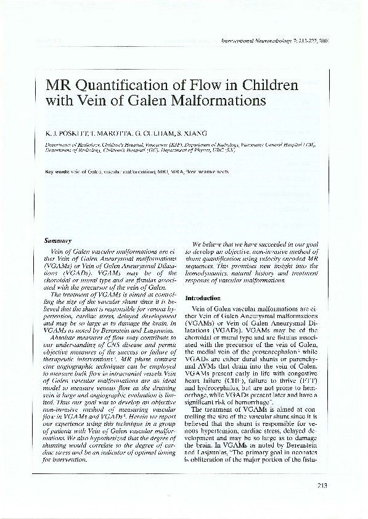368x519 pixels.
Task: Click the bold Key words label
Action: [57, 171]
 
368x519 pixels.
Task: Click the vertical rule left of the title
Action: [39, 92]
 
